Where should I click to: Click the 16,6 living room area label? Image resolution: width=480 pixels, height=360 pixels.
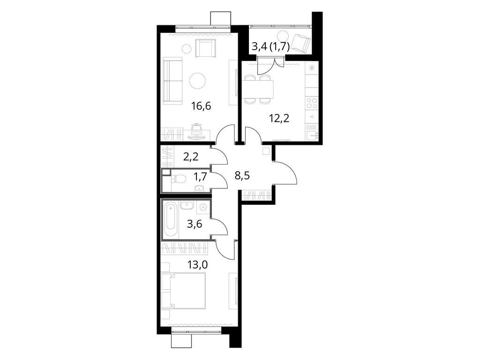pyautogui.click(x=201, y=106)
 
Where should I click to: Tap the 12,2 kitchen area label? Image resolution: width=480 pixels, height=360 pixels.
pyautogui.click(x=279, y=118)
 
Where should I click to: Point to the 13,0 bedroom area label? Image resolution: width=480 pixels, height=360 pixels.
pyautogui.click(x=198, y=264)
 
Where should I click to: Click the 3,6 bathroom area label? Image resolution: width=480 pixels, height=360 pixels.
pyautogui.click(x=195, y=224)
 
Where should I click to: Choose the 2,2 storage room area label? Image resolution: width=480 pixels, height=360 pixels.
pyautogui.click(x=190, y=157)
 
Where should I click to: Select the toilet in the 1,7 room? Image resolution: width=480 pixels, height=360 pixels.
pyautogui.click(x=179, y=178)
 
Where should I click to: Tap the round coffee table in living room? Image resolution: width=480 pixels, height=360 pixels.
pyautogui.click(x=198, y=81)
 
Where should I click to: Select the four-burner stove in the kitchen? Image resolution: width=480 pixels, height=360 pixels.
pyautogui.click(x=311, y=102)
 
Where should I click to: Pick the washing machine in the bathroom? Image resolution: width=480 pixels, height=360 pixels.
pyautogui.click(x=203, y=207)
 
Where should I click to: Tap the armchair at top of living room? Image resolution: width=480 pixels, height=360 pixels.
pyautogui.click(x=206, y=48)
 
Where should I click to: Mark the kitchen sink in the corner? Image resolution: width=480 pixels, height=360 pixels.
pyautogui.click(x=312, y=135)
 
